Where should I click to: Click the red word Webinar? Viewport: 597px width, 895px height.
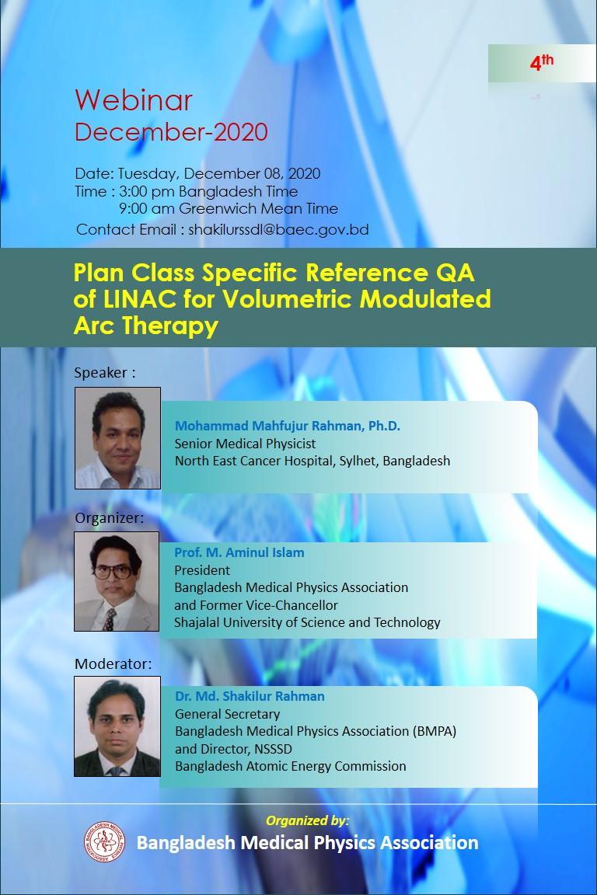tap(134, 100)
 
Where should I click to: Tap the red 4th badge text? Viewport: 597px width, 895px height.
tap(542, 61)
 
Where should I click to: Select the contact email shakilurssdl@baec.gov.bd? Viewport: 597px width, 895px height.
tap(279, 229)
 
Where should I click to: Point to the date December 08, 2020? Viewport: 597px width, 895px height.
tap(252, 173)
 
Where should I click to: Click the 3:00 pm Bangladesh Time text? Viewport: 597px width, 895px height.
tap(208, 191)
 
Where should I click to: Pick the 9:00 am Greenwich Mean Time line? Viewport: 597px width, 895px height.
tap(229, 208)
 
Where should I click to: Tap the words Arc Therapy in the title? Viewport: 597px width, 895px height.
tap(145, 326)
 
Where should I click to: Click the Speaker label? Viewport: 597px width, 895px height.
tap(105, 373)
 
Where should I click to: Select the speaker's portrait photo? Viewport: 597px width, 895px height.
tap(117, 438)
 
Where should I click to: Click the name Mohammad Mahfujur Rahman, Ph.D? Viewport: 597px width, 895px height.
tap(288, 426)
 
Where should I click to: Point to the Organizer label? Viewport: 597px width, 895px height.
tap(110, 517)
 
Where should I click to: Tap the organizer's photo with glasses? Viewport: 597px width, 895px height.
tap(117, 581)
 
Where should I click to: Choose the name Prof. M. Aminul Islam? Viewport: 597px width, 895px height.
tap(239, 552)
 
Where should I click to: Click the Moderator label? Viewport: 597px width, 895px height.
tap(113, 663)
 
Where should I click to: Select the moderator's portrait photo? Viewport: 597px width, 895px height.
tap(117, 726)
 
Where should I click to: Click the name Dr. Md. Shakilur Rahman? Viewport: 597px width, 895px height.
tap(250, 696)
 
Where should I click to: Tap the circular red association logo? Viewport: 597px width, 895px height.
tap(104, 841)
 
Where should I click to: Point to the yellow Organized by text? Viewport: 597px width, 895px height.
tap(307, 820)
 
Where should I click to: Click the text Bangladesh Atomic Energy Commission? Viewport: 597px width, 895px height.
tap(291, 766)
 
